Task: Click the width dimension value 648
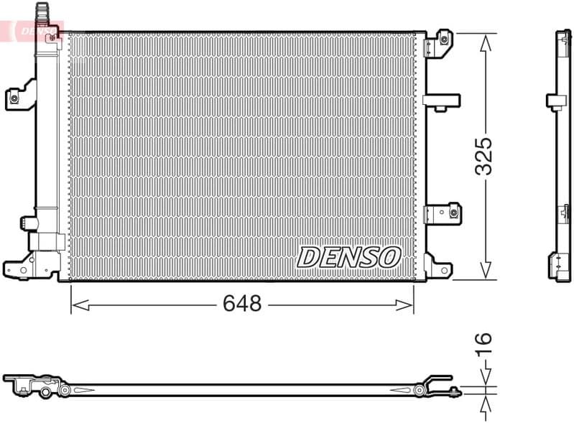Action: tap(241, 304)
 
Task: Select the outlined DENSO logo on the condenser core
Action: tap(349, 256)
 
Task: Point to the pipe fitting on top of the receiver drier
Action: tap(44, 12)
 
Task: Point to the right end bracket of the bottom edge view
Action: tap(438, 384)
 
